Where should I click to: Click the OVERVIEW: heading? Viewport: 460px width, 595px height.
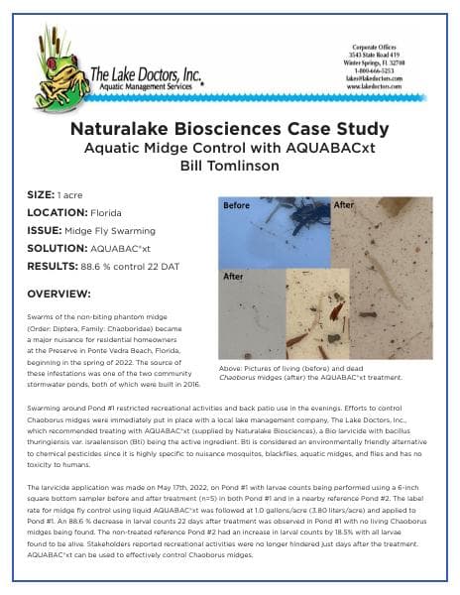pyautogui.click(x=59, y=295)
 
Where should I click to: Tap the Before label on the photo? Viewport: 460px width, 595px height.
pyautogui.click(x=237, y=205)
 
